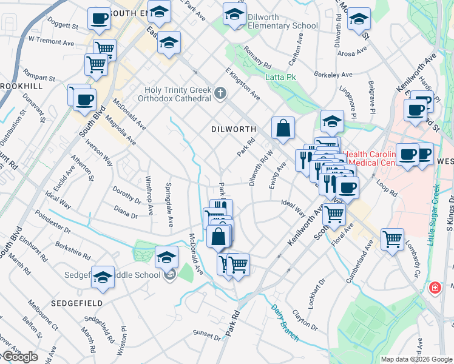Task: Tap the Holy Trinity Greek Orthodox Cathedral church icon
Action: (220, 93)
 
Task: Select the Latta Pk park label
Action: (279, 76)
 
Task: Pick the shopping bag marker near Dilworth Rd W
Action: (283, 128)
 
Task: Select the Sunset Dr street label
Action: (206, 334)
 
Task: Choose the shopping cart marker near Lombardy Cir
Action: (393, 239)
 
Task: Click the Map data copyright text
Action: (416, 359)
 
